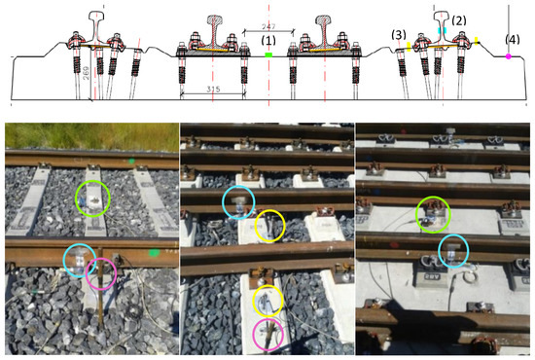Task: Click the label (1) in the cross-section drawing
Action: pos(268,40)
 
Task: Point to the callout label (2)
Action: pos(460,19)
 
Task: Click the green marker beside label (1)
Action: pos(268,56)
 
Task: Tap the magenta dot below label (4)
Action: pos(509,58)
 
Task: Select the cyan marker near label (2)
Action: pos(445,32)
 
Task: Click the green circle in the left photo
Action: pos(93,198)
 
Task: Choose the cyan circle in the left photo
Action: pos(81,260)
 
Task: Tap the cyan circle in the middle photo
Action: pos(238,203)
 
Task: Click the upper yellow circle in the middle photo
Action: pos(269,226)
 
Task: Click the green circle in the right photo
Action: pos(433,213)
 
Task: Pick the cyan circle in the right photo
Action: pos(450,252)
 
